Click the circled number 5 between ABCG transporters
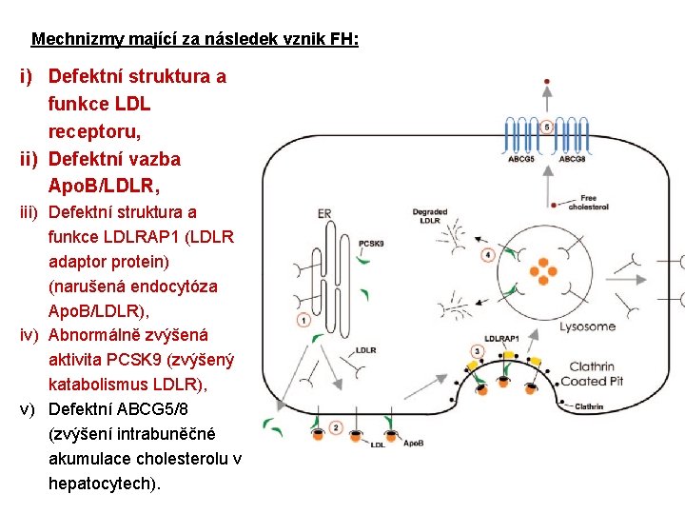545,127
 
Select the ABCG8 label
572,159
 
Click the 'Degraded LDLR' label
430,216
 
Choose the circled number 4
488,254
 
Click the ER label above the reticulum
324,213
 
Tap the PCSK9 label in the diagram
371,244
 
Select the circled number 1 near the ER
303,321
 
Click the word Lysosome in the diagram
587,326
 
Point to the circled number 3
477,352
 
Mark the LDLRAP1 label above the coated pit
501,338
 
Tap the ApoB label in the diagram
414,444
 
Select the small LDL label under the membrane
378,444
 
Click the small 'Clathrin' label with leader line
589,407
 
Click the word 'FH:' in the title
342,40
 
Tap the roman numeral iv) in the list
29,335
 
